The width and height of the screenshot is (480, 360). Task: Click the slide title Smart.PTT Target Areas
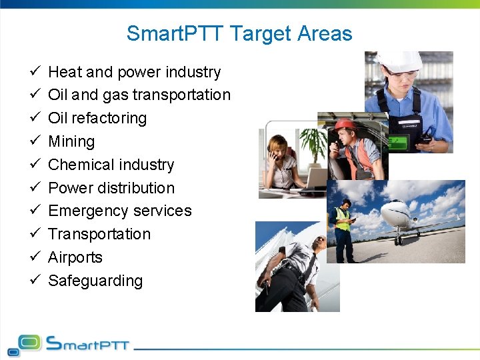[239, 33]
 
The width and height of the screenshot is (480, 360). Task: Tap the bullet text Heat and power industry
[134, 72]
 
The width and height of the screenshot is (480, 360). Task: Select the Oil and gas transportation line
[139, 95]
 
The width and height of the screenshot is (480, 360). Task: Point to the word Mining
[71, 141]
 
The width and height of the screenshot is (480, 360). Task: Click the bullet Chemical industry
[111, 165]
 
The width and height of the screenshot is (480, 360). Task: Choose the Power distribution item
[111, 188]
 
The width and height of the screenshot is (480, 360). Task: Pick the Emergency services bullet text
[120, 211]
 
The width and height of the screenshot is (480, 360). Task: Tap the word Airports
[75, 257]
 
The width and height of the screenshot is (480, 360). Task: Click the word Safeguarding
[95, 281]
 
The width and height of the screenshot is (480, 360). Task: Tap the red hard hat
[345, 125]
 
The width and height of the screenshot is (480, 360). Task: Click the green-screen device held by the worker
[399, 143]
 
